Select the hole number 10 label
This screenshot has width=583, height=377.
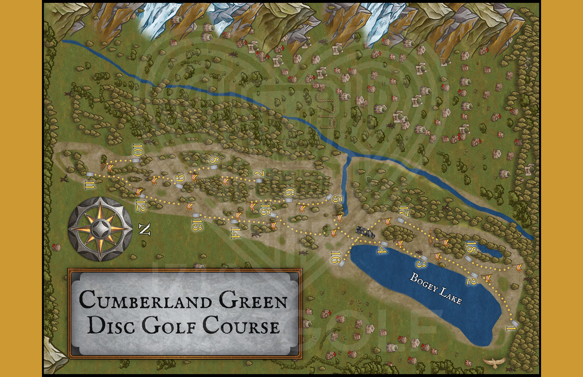pyautogui.click(x=137, y=151)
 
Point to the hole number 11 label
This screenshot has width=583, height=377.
pyautogui.click(x=90, y=185)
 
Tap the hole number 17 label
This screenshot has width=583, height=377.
pyautogui.click(x=404, y=211)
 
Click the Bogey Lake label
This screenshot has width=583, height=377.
pyautogui.click(x=435, y=288)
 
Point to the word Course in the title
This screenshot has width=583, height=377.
pyautogui.click(x=240, y=325)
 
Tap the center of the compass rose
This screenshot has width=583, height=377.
pyautogui.click(x=100, y=229)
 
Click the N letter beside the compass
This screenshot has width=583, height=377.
pyautogui.click(x=144, y=229)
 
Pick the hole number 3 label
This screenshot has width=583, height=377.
pyautogui.click(x=421, y=264)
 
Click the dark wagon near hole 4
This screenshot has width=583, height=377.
pyautogui.click(x=365, y=232)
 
